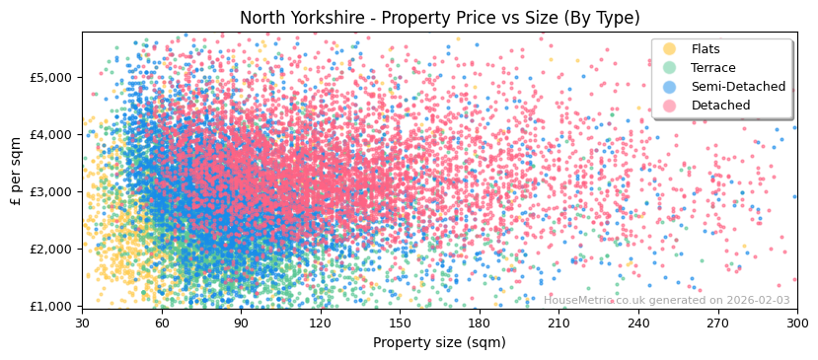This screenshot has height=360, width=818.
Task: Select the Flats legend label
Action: click(x=706, y=49)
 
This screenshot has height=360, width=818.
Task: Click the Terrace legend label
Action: click(x=713, y=68)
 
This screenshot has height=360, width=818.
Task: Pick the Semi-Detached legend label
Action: click(x=738, y=87)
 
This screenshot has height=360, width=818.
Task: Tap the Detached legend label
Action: click(x=719, y=106)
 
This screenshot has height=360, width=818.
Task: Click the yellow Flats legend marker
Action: click(x=669, y=49)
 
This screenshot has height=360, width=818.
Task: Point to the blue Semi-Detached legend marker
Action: click(x=669, y=87)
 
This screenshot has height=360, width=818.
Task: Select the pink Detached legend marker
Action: click(x=669, y=106)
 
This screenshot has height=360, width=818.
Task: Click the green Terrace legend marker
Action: click(x=669, y=68)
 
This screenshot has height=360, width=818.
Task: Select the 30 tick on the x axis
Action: click(x=82, y=324)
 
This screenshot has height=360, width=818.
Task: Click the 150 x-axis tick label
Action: click(x=400, y=324)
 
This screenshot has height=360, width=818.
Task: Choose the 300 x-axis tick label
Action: click(x=796, y=324)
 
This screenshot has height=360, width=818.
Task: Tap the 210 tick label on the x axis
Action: click(x=558, y=324)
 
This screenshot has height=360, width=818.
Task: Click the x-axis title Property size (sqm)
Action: click(x=439, y=342)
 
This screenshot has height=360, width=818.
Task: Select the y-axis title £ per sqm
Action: click(x=17, y=171)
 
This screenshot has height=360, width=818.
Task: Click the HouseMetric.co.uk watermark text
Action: click(x=666, y=300)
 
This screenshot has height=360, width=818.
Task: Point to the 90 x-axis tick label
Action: click(x=241, y=324)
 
